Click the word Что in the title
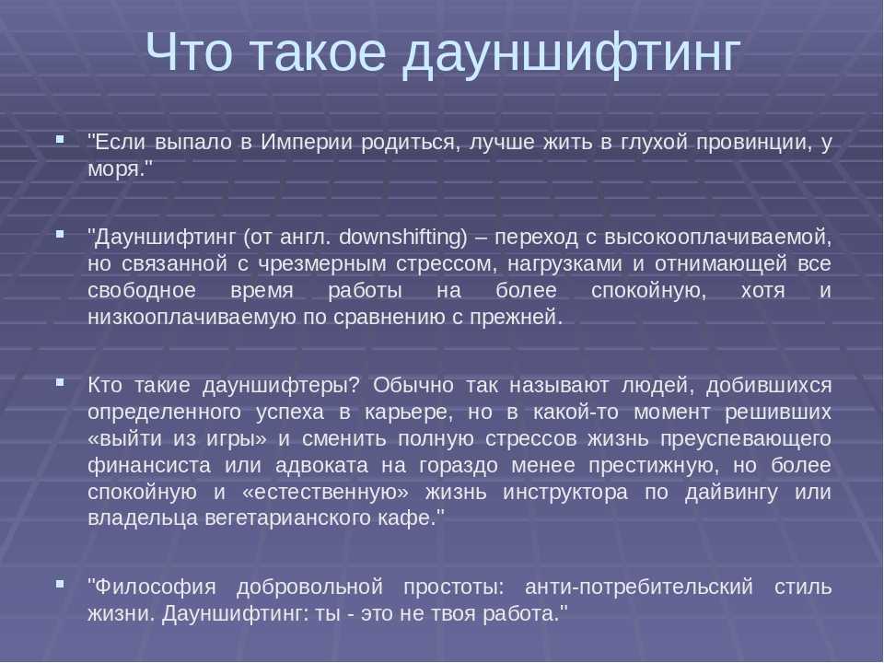click(189, 52)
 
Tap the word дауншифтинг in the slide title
click(570, 56)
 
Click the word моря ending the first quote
click(116, 169)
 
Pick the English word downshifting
click(403, 238)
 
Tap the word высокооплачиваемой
click(717, 238)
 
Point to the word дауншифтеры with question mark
click(280, 386)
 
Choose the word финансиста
click(149, 466)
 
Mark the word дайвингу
click(731, 493)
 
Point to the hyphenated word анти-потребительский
click(639, 587)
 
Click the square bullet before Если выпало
click(60, 138)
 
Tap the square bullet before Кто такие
click(60, 383)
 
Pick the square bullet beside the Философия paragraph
click(60, 584)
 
